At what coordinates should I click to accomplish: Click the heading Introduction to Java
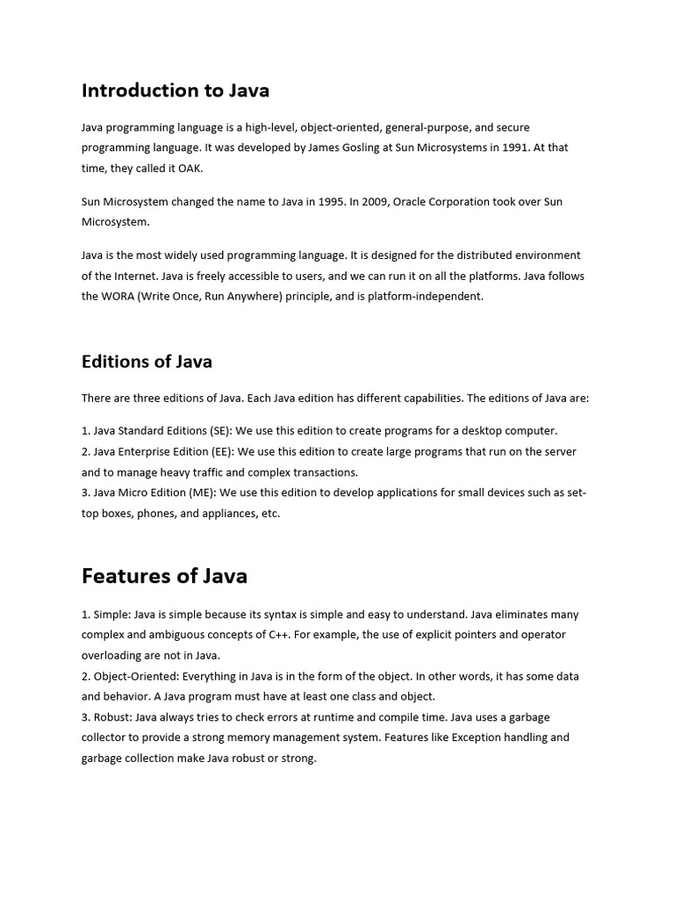[176, 90]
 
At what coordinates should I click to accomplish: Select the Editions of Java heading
[147, 362]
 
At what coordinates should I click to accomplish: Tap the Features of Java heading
[164, 576]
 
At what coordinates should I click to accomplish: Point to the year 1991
[515, 147]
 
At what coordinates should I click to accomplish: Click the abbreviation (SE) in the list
[220, 431]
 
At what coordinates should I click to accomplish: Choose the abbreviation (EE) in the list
[223, 451]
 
